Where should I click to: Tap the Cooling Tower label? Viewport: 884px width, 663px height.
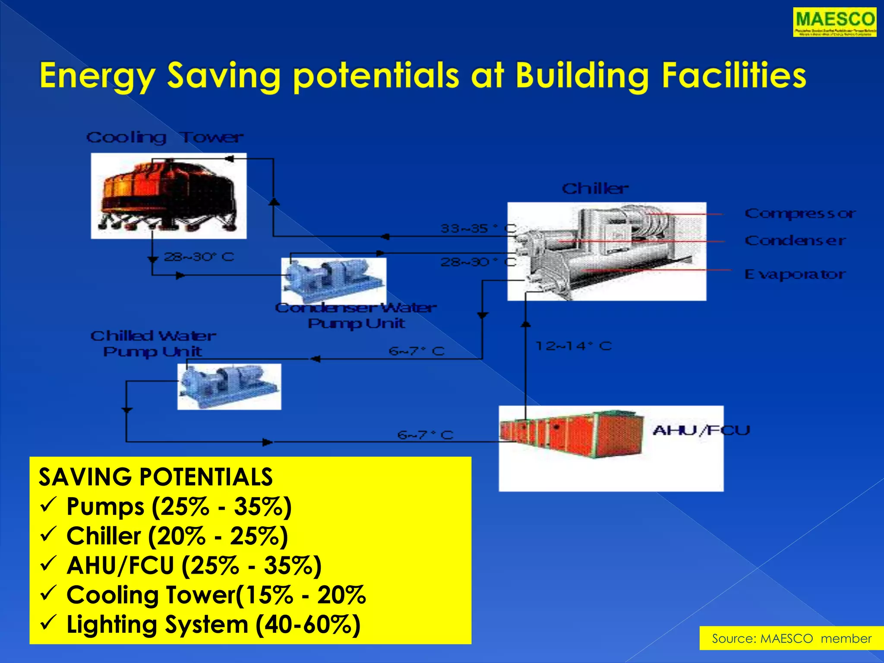pos(164,137)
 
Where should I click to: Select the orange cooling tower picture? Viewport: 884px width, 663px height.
pos(168,196)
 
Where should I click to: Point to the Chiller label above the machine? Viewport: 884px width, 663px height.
pos(595,188)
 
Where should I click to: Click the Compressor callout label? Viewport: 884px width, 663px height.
pos(800,213)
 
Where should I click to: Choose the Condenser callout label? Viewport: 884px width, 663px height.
pos(795,240)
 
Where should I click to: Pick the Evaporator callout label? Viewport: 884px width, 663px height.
pos(795,274)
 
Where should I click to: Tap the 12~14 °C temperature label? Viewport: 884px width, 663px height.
pos(573,346)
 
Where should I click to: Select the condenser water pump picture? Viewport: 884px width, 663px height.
pos(333,281)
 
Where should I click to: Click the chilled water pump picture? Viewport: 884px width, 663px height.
pos(229,386)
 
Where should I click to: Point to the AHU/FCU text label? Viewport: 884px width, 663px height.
pos(701,430)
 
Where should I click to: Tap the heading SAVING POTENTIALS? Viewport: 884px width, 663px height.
pos(155,477)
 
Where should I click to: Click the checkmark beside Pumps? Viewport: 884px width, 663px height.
pos(47,505)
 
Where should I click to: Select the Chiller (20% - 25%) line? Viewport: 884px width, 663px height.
pos(177,536)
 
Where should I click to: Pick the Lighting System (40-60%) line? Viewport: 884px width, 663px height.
pos(213,625)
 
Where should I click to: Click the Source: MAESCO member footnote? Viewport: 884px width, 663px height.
pos(791,638)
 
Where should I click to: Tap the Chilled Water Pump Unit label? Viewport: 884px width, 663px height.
pos(153,344)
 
